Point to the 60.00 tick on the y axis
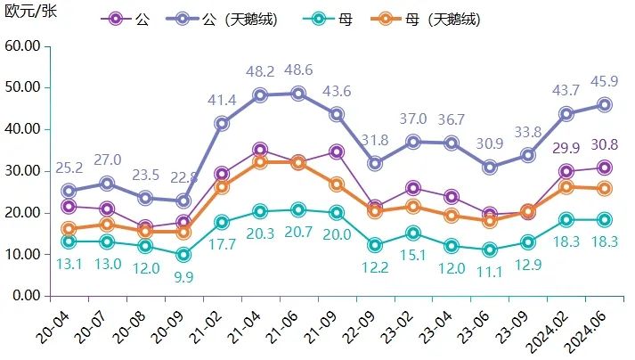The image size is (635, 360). tap(22, 45)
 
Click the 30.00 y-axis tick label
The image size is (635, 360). tap(22, 170)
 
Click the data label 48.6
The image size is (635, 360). tap(297, 70)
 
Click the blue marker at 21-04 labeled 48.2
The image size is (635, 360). tap(259, 95)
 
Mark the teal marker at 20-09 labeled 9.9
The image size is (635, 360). tap(183, 255)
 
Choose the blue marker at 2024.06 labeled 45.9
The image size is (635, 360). tap(604, 104)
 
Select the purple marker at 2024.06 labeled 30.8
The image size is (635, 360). tap(604, 168)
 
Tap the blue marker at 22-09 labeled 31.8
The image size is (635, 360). tap(375, 163)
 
